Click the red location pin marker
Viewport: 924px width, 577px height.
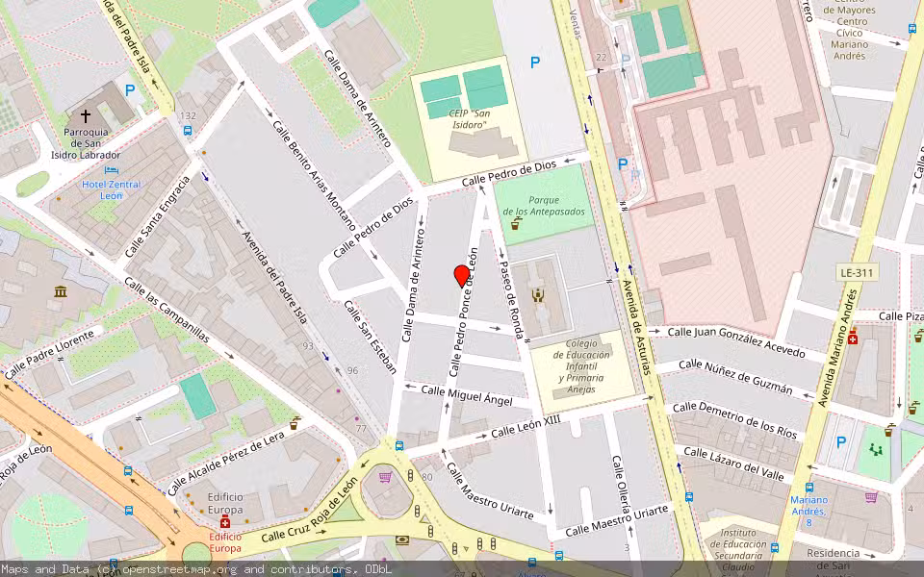[462, 276]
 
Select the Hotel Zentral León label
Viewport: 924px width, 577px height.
[111, 188]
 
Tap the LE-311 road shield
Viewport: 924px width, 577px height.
[856, 272]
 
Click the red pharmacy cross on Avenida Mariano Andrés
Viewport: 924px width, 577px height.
[852, 338]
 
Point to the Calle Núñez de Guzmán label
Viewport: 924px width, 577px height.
[735, 377]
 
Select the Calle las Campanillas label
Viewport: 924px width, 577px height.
[165, 307]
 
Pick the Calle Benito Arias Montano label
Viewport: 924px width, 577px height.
[314, 177]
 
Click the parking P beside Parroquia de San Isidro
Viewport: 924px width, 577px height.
[129, 90]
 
